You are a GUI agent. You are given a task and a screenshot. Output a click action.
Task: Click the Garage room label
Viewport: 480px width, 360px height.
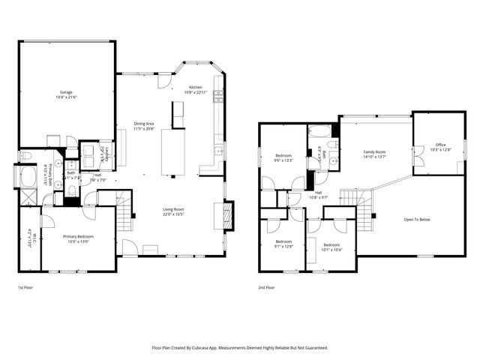[x=66, y=92]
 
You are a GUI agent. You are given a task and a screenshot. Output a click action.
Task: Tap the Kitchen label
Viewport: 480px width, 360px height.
[x=196, y=86]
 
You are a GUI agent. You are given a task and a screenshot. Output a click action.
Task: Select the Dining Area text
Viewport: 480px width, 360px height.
[x=144, y=124]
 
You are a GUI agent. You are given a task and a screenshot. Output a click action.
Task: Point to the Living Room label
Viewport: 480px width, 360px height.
[x=174, y=209]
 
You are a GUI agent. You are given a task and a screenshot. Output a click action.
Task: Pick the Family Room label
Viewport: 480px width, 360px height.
[x=374, y=151]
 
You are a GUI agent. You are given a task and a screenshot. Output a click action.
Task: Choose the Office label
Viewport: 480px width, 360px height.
[x=440, y=145]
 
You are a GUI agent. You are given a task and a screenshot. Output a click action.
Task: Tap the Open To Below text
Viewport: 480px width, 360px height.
[x=417, y=220]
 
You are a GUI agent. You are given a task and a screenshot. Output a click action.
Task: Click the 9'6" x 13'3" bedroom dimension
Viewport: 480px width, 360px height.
[x=283, y=160]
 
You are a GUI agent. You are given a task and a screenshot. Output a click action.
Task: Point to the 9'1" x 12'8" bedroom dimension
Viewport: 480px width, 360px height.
[x=282, y=246]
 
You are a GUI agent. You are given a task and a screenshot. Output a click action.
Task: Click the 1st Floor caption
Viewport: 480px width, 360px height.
[x=25, y=287]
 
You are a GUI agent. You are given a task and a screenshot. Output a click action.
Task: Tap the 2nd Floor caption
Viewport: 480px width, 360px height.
[x=265, y=287]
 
